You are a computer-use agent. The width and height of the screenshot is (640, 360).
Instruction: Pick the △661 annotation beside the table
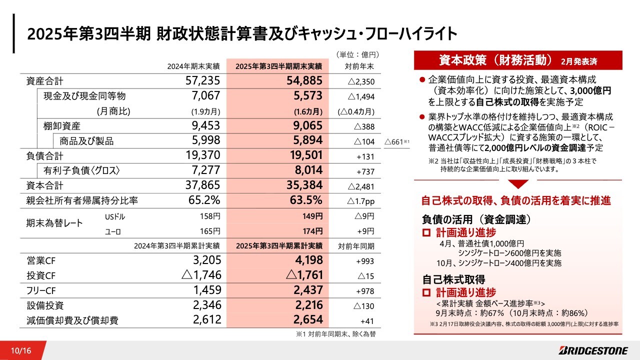(397, 142)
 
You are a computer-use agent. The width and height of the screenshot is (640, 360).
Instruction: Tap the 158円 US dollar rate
(209, 216)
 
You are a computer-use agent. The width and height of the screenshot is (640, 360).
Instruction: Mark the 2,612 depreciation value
(206, 320)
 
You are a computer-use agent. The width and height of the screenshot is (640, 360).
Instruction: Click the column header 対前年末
(359, 66)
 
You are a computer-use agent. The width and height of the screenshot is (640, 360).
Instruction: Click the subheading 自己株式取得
(453, 279)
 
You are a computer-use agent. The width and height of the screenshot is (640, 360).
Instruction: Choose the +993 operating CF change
(365, 261)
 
